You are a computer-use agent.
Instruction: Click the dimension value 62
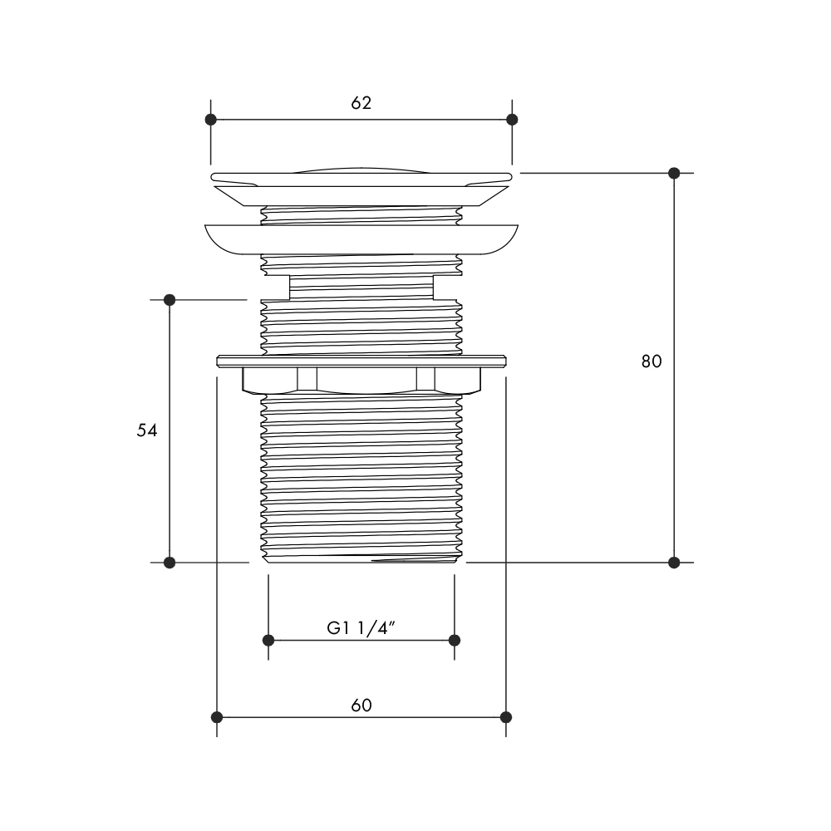[x=361, y=103]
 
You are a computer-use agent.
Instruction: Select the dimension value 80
[x=652, y=361]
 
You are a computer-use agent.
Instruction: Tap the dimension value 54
[x=147, y=430]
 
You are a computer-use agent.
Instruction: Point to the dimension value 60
[x=361, y=706]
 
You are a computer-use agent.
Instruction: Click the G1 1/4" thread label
[x=361, y=628]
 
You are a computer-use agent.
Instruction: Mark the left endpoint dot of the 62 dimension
[x=211, y=120]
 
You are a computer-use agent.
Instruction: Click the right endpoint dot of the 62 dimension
[x=512, y=120]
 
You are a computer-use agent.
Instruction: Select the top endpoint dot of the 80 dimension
[x=674, y=174]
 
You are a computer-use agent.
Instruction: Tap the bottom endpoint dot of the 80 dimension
[x=674, y=563]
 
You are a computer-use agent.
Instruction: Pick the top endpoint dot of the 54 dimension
[x=170, y=300]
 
